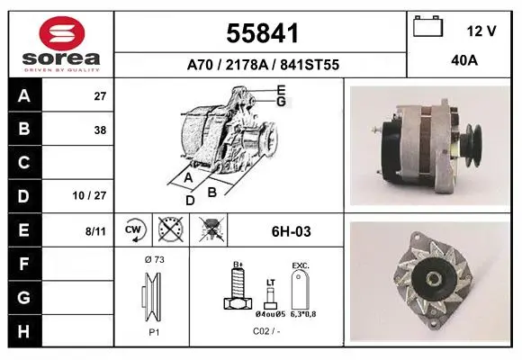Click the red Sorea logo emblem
click(x=62, y=33)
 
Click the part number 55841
click(x=262, y=33)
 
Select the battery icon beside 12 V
click(x=427, y=26)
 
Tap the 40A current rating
click(x=464, y=60)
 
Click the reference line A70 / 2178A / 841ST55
click(x=263, y=65)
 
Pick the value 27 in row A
click(x=100, y=96)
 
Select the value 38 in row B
click(x=100, y=130)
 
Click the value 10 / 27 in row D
click(x=89, y=195)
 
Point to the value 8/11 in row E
click(x=95, y=231)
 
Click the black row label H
click(x=23, y=331)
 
